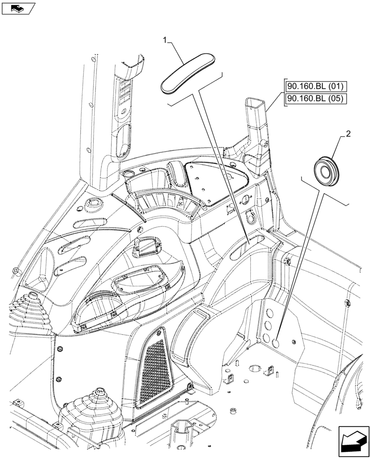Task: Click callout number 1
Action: tap(165, 41)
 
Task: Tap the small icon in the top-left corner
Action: tap(18, 8)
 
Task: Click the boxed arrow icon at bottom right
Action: tap(354, 440)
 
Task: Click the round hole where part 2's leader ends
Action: tap(277, 342)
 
